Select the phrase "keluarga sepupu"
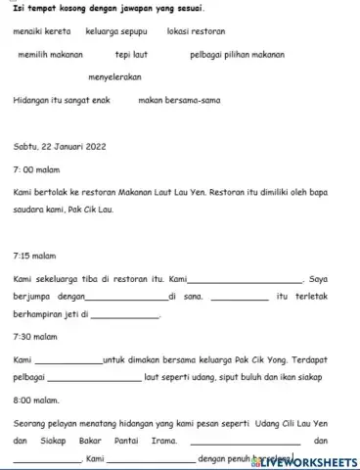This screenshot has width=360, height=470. pos(113,32)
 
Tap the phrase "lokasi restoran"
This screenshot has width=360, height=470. pos(196,32)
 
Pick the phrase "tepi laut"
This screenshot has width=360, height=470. pos(132,55)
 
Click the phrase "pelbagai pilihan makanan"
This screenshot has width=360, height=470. pos(237,55)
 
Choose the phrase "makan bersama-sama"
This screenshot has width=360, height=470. pos(178,99)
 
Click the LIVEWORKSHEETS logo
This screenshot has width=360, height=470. pos(304,460)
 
